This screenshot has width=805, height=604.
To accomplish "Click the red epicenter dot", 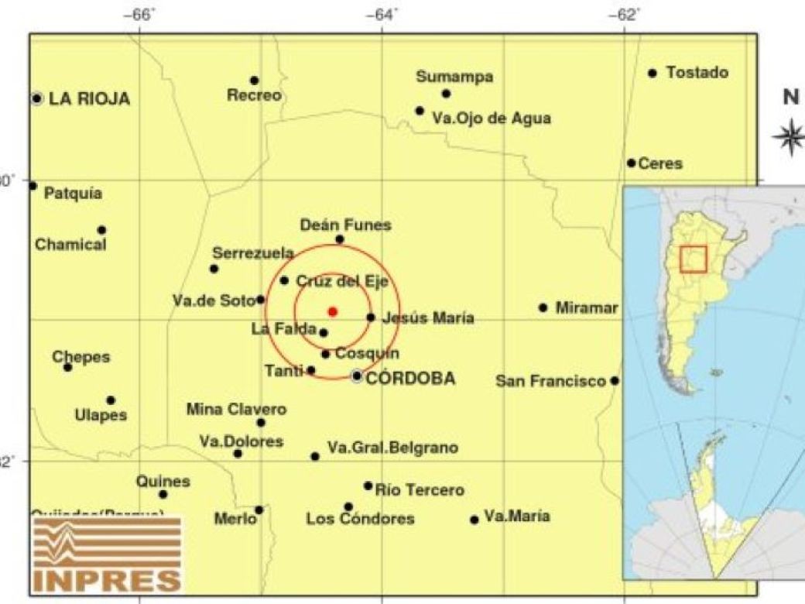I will (x=333, y=311).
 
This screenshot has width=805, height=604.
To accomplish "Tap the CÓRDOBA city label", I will (x=409, y=379).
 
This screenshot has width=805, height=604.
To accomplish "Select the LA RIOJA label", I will (x=89, y=99).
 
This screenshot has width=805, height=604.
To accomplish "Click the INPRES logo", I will (x=108, y=554).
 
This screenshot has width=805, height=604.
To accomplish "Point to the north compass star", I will (x=789, y=137).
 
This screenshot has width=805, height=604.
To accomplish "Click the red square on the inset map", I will (x=693, y=259).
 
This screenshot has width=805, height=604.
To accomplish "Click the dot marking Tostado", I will (x=653, y=74).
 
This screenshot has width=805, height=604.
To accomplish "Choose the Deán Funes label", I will (x=345, y=225).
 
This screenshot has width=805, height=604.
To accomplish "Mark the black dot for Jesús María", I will (x=371, y=317).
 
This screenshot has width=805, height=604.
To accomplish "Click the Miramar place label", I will (x=587, y=308).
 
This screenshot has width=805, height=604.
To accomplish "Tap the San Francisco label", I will (x=550, y=381).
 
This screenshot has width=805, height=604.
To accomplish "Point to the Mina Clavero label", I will (x=236, y=409).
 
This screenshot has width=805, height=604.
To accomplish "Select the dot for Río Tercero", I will (x=368, y=486).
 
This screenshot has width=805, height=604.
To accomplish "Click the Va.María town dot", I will (x=474, y=520).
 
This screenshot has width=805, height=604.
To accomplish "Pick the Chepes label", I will (x=81, y=357).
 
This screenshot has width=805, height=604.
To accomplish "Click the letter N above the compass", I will (x=790, y=98).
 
